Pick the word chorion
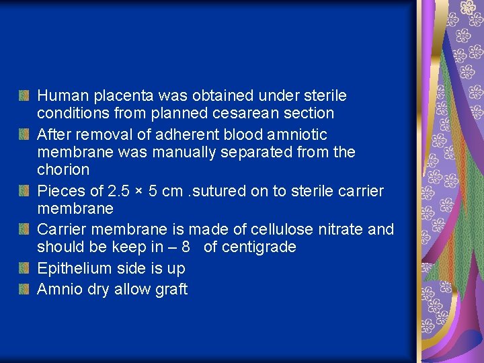[x=63, y=169]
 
